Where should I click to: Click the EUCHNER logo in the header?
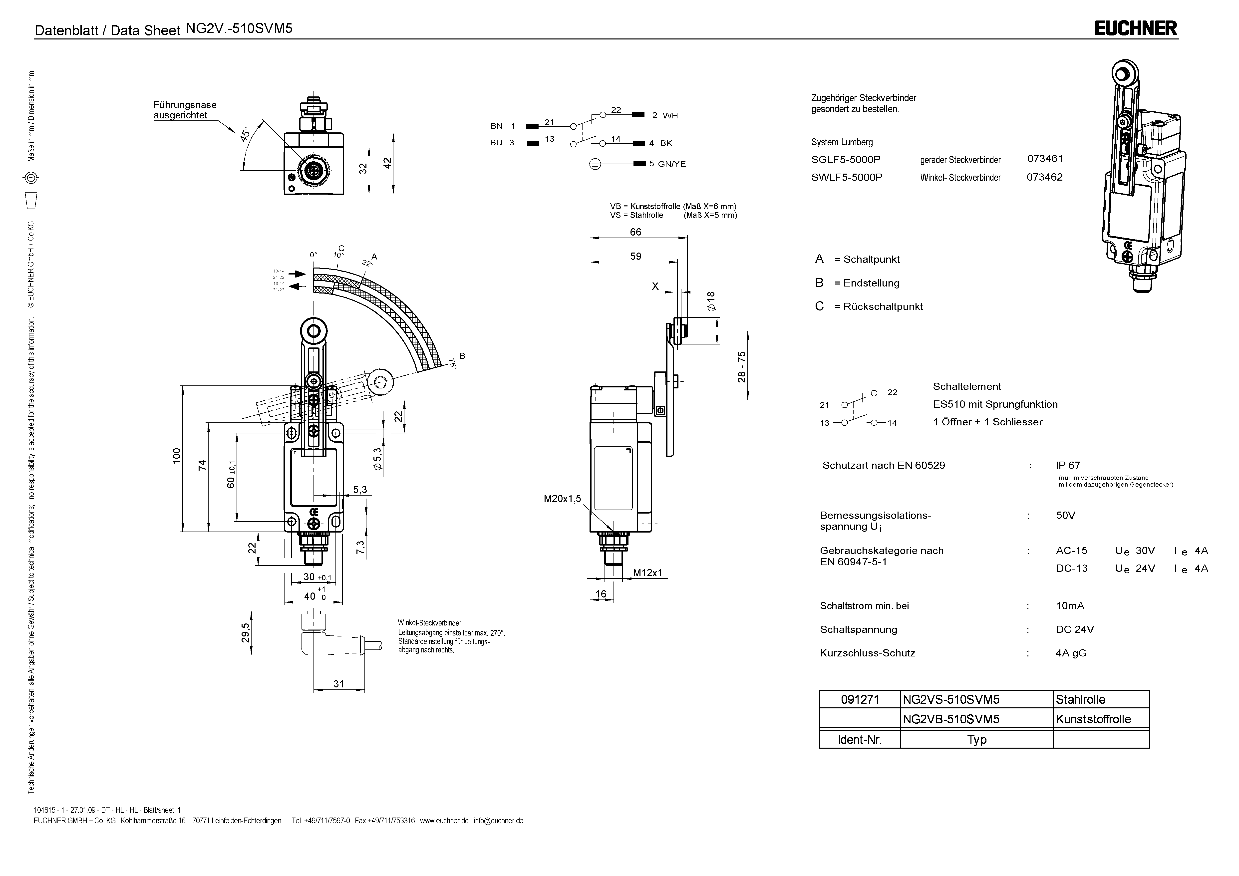pyautogui.click(x=1135, y=28)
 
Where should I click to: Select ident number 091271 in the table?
pyautogui.click(x=860, y=699)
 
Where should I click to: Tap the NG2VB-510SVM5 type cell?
pyautogui.click(x=951, y=719)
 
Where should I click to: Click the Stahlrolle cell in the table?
pyautogui.click(x=1080, y=699)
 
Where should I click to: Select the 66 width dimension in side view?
pyautogui.click(x=636, y=232)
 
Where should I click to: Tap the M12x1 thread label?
pyautogui.click(x=647, y=573)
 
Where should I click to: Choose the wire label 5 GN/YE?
pyautogui.click(x=667, y=164)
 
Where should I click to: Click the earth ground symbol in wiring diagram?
pyautogui.click(x=594, y=164)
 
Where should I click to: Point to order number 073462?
pyautogui.click(x=1044, y=177)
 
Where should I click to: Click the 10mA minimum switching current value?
pyautogui.click(x=1070, y=605)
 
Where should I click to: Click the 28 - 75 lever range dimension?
pyautogui.click(x=742, y=367)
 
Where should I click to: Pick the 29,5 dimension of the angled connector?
pyautogui.click(x=246, y=633)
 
